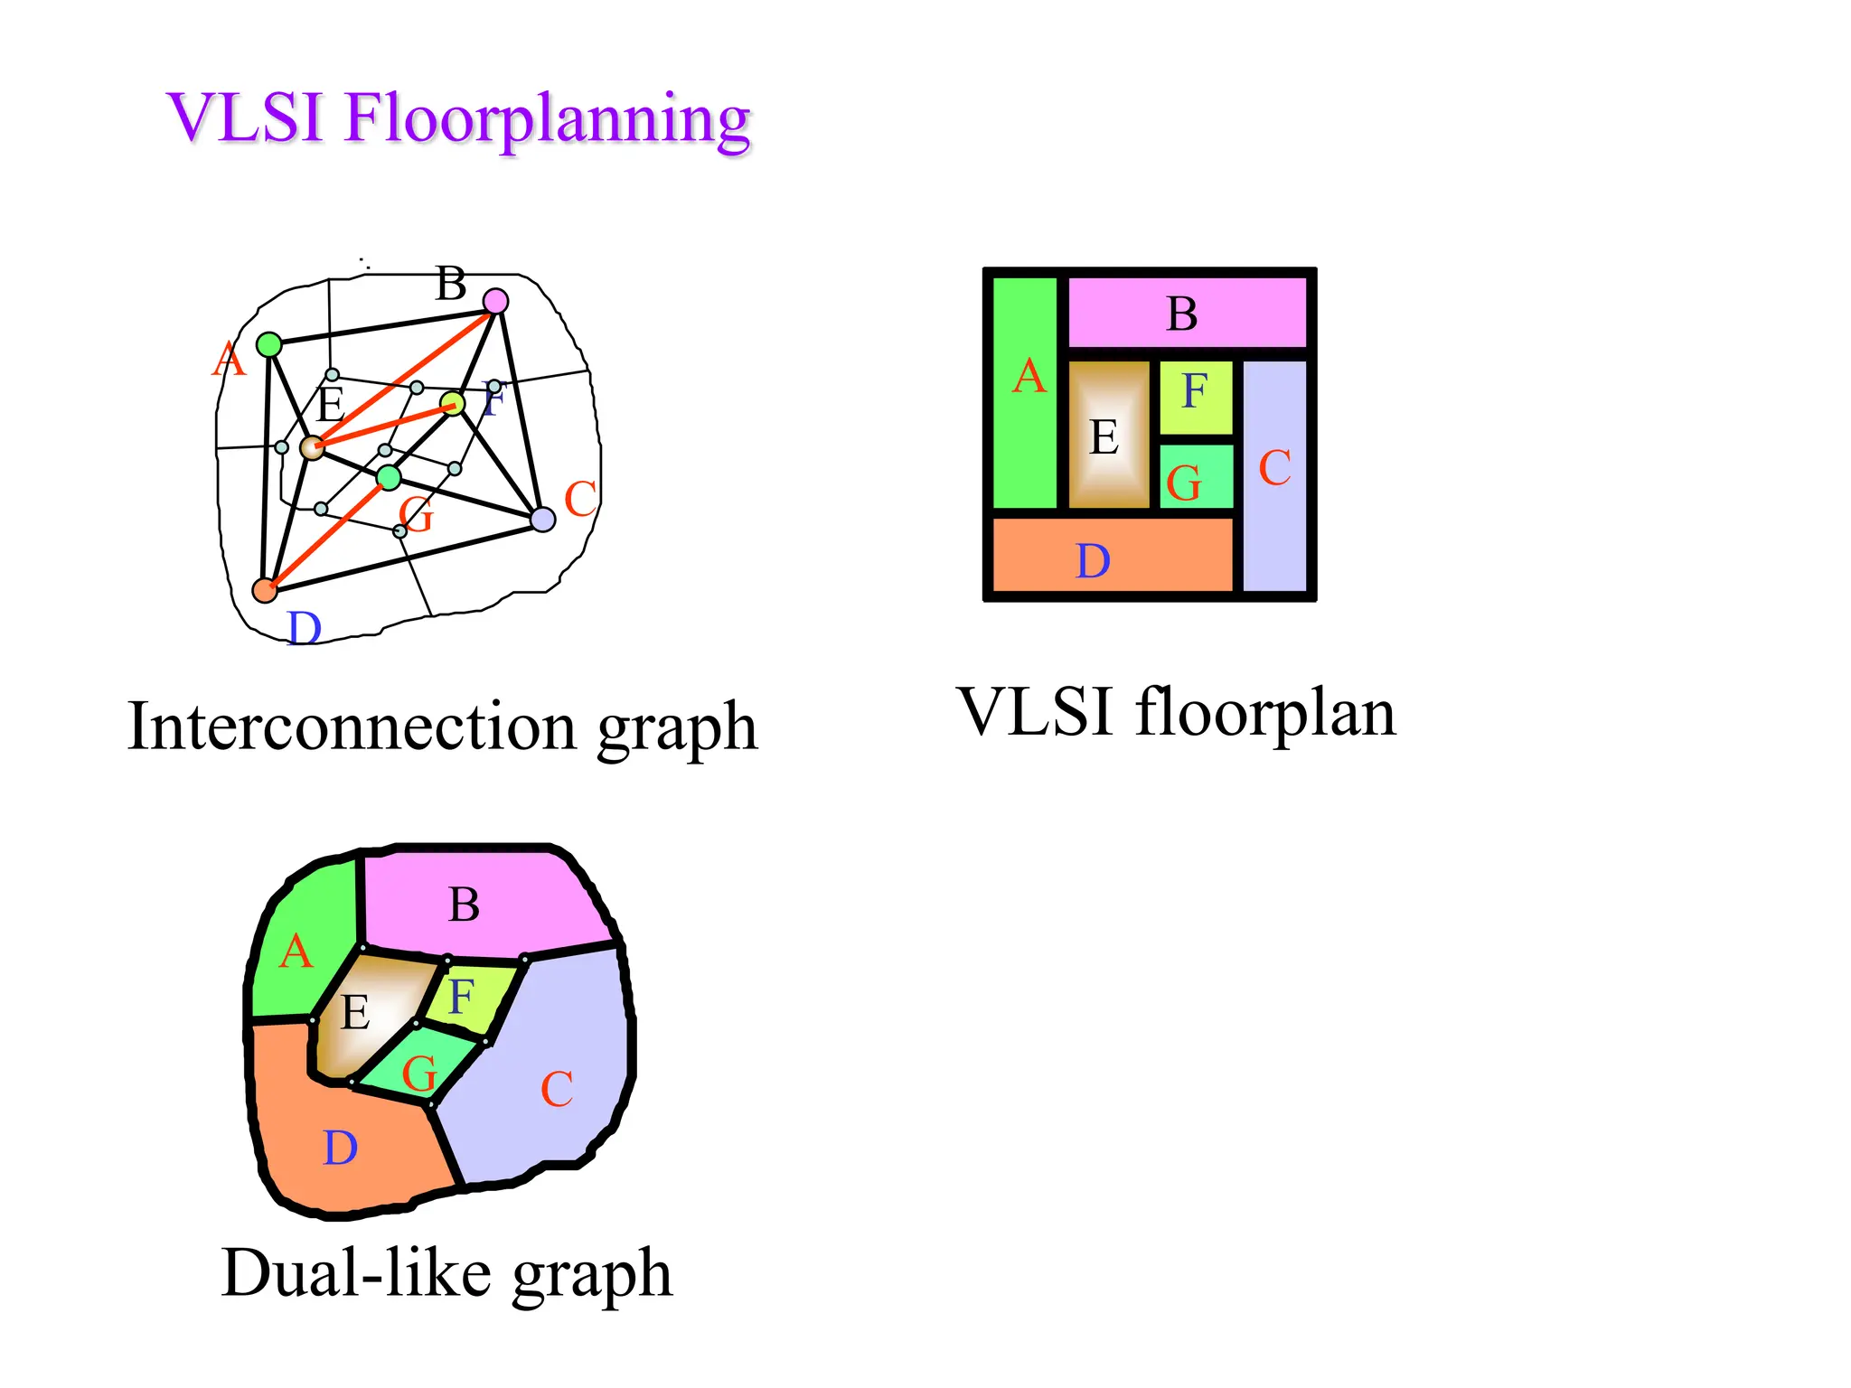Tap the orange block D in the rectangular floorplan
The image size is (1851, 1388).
1112,555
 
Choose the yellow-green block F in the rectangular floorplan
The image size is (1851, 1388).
1195,396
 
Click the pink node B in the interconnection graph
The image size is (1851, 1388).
495,301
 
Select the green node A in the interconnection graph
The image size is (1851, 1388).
268,344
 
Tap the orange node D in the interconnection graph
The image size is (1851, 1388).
264,590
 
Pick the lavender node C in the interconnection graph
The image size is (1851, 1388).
542,520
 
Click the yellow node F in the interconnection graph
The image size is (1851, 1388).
452,403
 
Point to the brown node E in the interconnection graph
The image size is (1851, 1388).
312,447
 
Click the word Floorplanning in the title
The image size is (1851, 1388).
547,119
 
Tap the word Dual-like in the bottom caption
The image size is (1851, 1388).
356,1274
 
